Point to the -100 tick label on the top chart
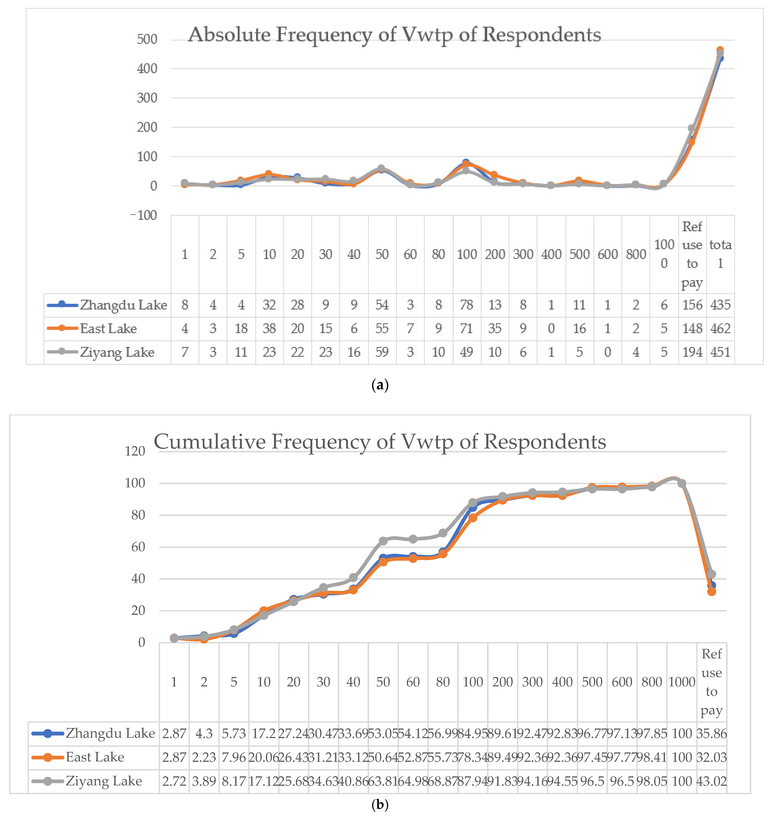[x=144, y=215]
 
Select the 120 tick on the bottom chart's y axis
[x=135, y=451]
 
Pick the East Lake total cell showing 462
[x=720, y=328]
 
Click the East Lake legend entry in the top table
[x=108, y=328]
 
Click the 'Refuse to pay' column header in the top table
[x=692, y=254]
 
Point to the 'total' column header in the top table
[x=720, y=254]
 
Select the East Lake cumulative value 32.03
[x=712, y=757]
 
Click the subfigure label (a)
[x=379, y=385]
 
